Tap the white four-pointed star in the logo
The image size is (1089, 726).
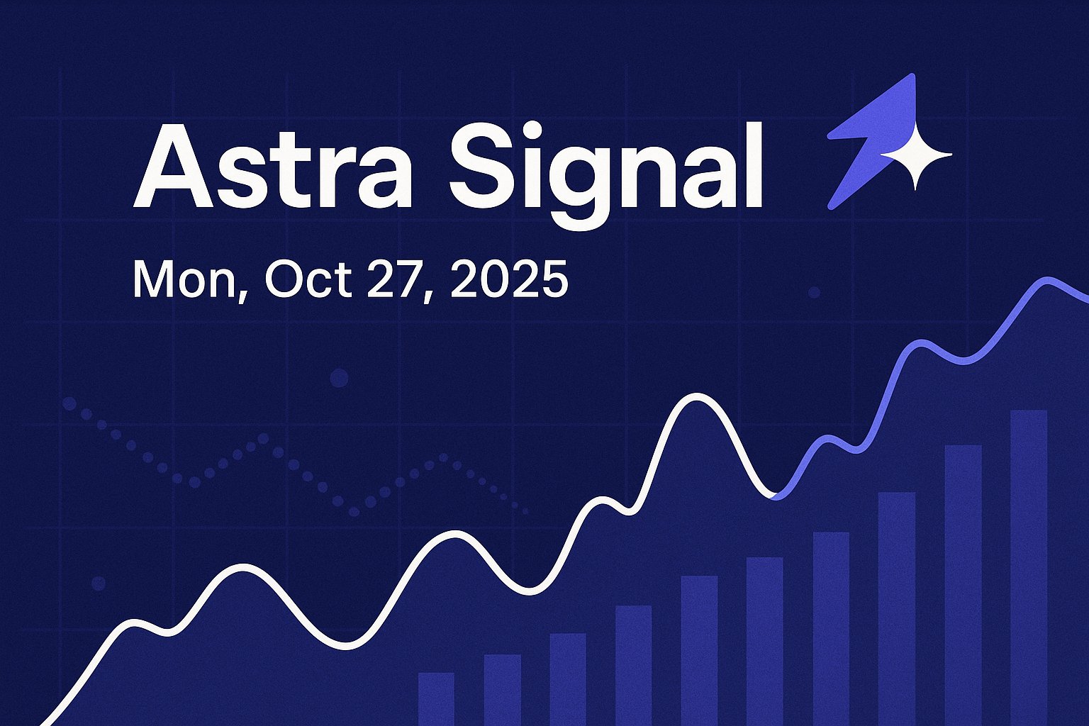click(x=915, y=155)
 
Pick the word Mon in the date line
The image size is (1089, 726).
click(x=186, y=279)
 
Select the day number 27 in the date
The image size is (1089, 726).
click(x=397, y=279)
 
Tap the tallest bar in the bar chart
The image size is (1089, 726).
click(x=1028, y=567)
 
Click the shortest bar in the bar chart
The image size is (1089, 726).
click(x=436, y=698)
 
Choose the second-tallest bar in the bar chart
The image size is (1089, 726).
click(x=963, y=585)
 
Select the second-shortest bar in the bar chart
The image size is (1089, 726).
click(x=502, y=689)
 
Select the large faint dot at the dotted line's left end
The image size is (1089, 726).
click(x=69, y=404)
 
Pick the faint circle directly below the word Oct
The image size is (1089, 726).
click(x=340, y=378)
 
